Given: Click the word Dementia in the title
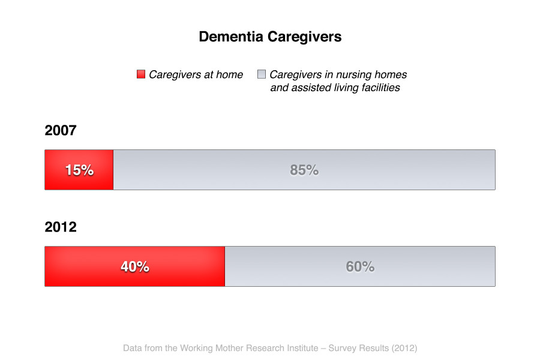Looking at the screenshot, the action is (231, 37).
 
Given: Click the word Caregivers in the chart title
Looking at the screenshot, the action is (304, 37).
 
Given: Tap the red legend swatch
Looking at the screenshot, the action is (141, 74).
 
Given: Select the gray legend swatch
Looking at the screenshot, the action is (262, 74).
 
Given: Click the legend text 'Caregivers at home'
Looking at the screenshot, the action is (196, 74).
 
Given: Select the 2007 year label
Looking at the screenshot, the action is (61, 130).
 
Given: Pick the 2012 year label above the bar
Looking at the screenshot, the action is (61, 227).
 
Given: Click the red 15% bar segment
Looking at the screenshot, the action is (79, 170).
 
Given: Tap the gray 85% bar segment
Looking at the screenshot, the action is (304, 170).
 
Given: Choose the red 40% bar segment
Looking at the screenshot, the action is (134, 266).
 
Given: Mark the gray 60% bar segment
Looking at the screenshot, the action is (360, 266).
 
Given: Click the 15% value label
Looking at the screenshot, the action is (80, 170).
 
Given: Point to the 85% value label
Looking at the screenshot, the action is (304, 170).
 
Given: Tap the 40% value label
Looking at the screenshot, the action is (134, 266).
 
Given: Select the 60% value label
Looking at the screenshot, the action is (360, 266).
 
